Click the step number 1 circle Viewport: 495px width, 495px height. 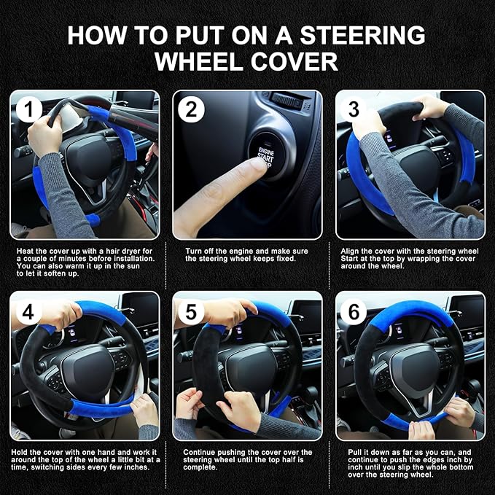click(x=29, y=110)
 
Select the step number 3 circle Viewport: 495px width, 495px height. click(x=354, y=110)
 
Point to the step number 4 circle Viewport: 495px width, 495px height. click(x=29, y=312)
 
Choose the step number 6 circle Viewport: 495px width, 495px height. click(x=354, y=312)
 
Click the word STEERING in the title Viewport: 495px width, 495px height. click(x=371, y=35)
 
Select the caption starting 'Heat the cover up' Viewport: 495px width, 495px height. click(x=85, y=260)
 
